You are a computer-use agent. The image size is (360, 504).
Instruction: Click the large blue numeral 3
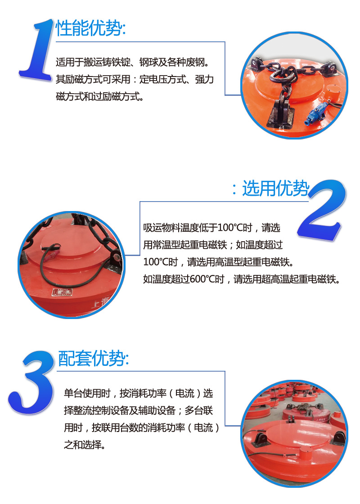[31, 382]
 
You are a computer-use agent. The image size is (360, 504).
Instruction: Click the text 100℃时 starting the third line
[160, 262]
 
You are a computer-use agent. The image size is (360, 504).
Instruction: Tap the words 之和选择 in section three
[82, 445]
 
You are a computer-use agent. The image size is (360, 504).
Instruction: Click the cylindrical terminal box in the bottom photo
[307, 454]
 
